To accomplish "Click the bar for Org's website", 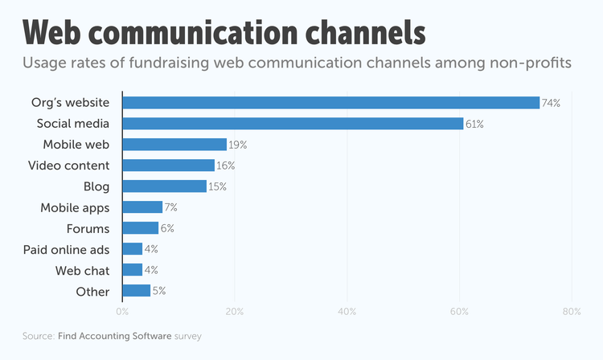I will coord(331,103).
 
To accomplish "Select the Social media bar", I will coord(293,124).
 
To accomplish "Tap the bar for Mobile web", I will coord(174,145).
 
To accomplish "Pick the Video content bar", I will coord(169,166).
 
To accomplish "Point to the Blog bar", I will coord(165,186).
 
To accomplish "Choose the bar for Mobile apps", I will coord(142,207).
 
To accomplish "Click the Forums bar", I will coord(141,228).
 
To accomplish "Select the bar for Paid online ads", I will coord(133,249).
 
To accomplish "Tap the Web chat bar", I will coord(133,270).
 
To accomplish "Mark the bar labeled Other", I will coord(136,291).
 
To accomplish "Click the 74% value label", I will coord(551,103).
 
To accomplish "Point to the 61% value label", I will coord(474,124).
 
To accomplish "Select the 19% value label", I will coord(238,145).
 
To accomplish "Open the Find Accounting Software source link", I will coord(115,336).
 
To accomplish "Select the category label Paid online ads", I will coord(66,249).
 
